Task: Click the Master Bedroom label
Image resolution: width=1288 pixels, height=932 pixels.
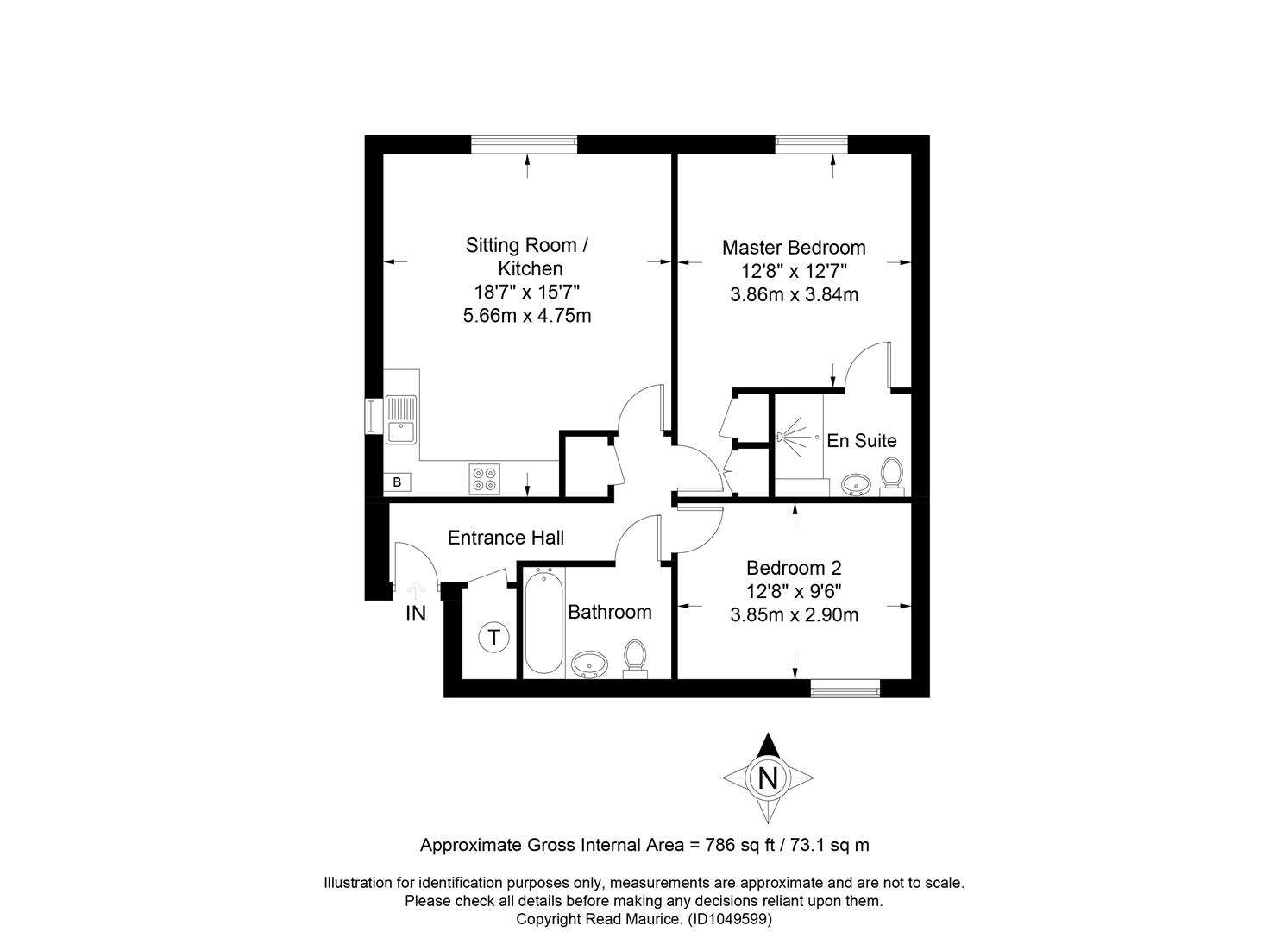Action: pyautogui.click(x=794, y=248)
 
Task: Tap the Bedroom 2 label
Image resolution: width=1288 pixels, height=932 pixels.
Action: pyautogui.click(x=794, y=569)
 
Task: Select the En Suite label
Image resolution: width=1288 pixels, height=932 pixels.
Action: pyautogui.click(x=861, y=441)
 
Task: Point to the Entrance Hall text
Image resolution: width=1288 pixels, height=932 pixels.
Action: pyautogui.click(x=506, y=538)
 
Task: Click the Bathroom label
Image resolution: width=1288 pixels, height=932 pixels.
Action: pyautogui.click(x=610, y=612)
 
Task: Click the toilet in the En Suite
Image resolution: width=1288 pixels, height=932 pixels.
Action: pyautogui.click(x=892, y=477)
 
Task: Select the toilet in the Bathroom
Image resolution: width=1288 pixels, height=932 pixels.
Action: pyautogui.click(x=635, y=659)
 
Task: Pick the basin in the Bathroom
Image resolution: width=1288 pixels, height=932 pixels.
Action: pyautogui.click(x=589, y=665)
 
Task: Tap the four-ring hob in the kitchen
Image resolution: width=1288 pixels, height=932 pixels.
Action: pyautogui.click(x=484, y=479)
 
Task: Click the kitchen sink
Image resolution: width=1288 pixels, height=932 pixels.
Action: pyautogui.click(x=401, y=419)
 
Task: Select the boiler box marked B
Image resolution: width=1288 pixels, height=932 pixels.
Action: pyautogui.click(x=397, y=482)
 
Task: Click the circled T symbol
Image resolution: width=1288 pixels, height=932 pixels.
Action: pyautogui.click(x=493, y=638)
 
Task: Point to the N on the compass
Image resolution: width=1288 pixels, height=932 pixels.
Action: pyautogui.click(x=768, y=779)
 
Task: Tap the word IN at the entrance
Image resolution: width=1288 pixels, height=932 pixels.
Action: pyautogui.click(x=415, y=614)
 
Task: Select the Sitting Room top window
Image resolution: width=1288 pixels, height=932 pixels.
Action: pyautogui.click(x=524, y=144)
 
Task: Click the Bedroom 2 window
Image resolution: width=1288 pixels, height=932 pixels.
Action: pyautogui.click(x=845, y=689)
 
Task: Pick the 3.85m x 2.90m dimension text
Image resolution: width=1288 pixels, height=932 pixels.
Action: pyautogui.click(x=794, y=615)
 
